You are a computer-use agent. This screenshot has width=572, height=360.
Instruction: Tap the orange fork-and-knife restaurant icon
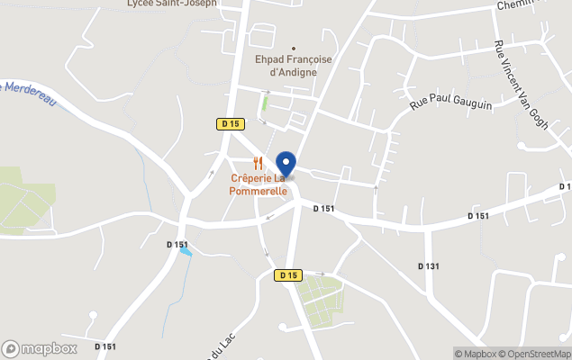259,163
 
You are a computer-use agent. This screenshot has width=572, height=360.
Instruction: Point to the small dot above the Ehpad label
293,49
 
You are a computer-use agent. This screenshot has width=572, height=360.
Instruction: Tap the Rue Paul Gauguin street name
450,104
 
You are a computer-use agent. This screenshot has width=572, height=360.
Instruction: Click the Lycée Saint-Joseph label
172,4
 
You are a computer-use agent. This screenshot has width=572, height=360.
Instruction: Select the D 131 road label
429,265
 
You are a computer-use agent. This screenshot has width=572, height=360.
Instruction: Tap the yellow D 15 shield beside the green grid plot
288,275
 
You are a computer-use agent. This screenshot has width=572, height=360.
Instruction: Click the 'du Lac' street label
214,345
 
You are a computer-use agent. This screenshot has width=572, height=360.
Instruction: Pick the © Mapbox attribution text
475,353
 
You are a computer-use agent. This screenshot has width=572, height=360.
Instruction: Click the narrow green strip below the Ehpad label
265,104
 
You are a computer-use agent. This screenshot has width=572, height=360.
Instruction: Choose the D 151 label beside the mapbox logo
104,346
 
